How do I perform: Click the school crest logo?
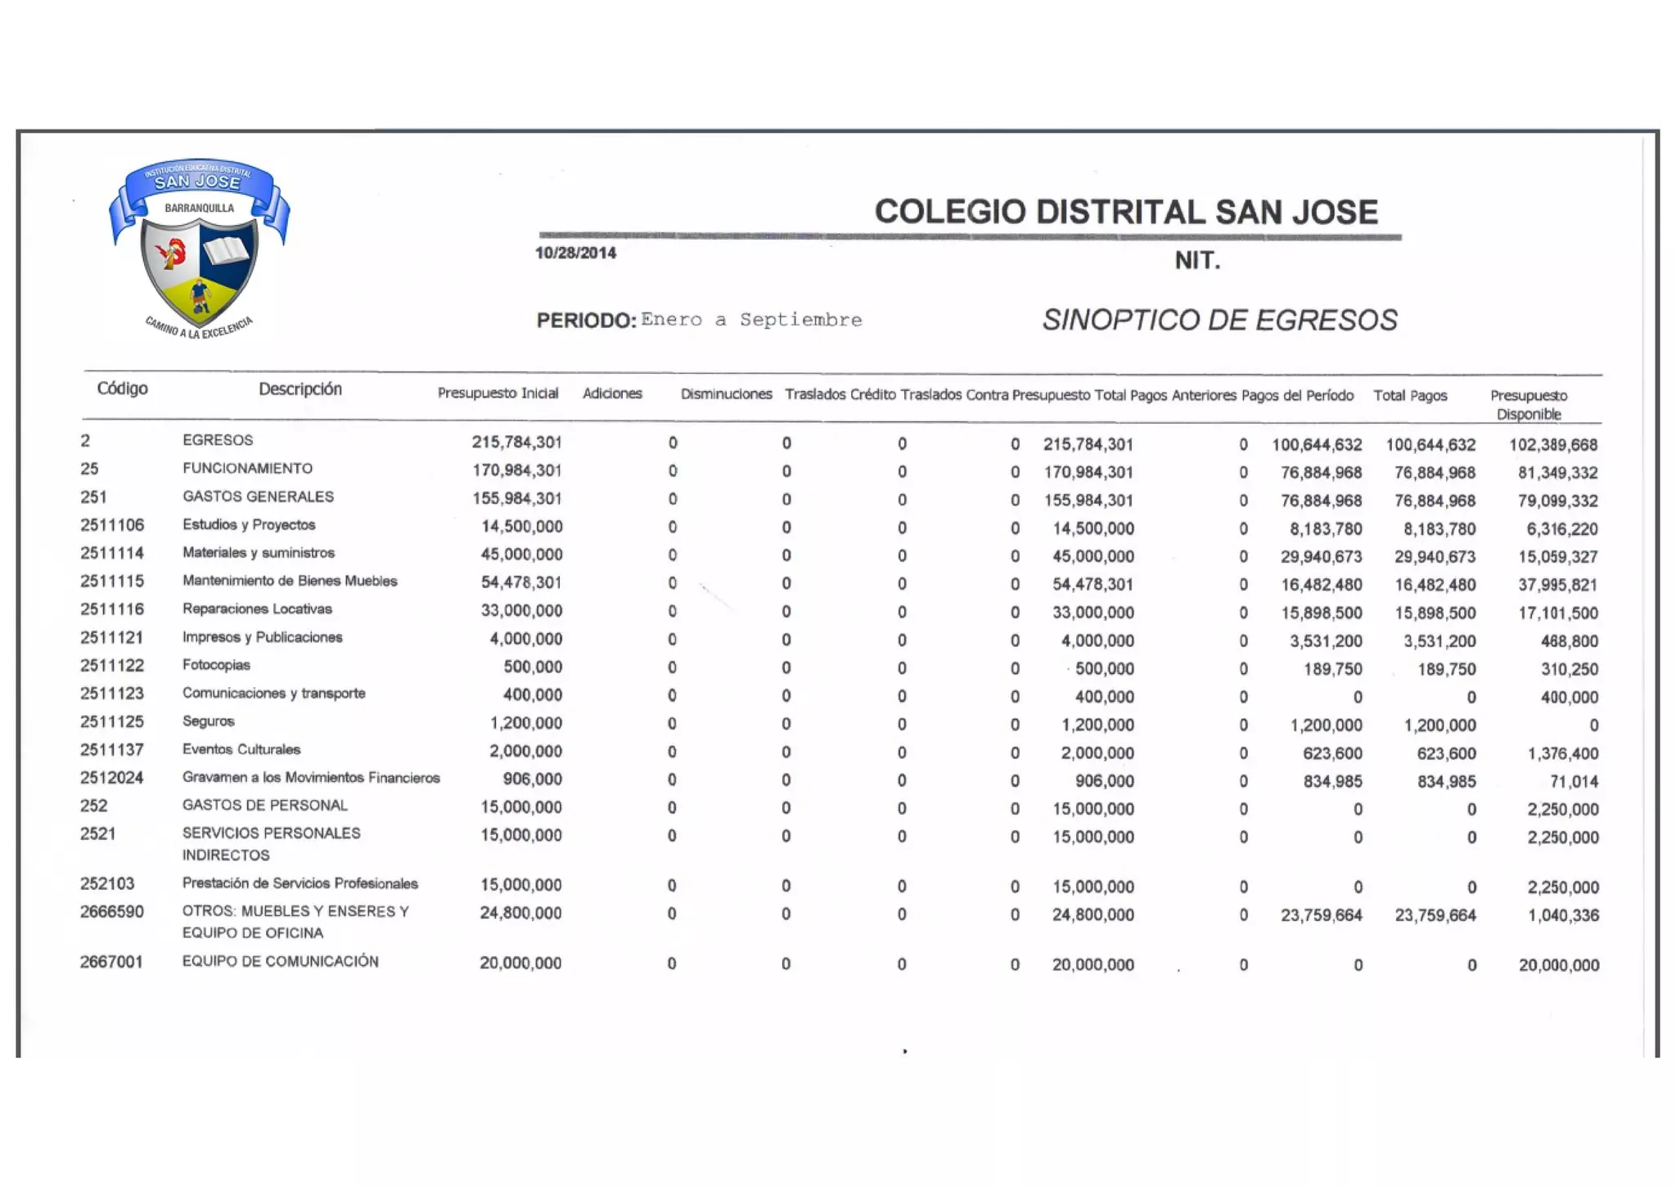pyautogui.click(x=199, y=248)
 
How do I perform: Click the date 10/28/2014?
pyautogui.click(x=575, y=254)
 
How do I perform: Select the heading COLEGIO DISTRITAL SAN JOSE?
pyautogui.click(x=1126, y=212)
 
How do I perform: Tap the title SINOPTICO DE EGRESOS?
pyautogui.click(x=1219, y=320)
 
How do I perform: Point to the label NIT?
pyautogui.click(x=1197, y=261)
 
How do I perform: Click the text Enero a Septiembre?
pyautogui.click(x=751, y=320)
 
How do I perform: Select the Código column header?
pyautogui.click(x=123, y=389)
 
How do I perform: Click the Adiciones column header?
pyautogui.click(x=612, y=393)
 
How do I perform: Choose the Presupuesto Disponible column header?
pyautogui.click(x=1529, y=405)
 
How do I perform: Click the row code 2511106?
pyautogui.click(x=112, y=525)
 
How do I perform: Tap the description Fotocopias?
pyautogui.click(x=216, y=665)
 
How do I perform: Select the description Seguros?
pyautogui.click(x=208, y=721)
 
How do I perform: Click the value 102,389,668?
pyautogui.click(x=1553, y=445)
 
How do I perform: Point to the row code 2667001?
pyautogui.click(x=111, y=962)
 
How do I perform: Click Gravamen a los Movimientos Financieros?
pyautogui.click(x=311, y=777)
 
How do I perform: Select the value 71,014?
pyautogui.click(x=1574, y=782)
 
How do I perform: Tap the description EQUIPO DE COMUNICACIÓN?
pyautogui.click(x=280, y=961)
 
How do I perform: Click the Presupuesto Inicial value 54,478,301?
pyautogui.click(x=521, y=582)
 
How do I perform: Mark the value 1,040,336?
pyautogui.click(x=1563, y=915)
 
